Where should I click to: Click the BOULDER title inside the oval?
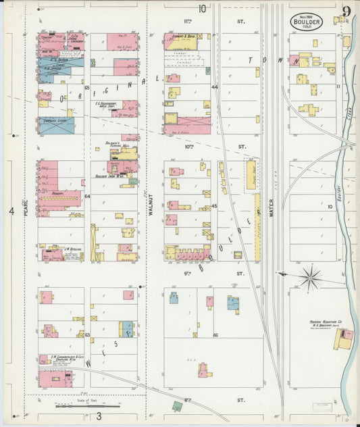click(x=307, y=22)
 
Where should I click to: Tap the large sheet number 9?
click(x=346, y=11)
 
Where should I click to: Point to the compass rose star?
click(x=310, y=276)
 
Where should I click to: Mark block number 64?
click(x=88, y=196)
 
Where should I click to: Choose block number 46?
click(x=215, y=334)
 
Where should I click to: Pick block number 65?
click(x=87, y=88)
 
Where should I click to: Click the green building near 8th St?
click(x=177, y=406)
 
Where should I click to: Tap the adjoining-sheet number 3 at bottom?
click(x=99, y=416)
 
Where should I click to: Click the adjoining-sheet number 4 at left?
click(x=11, y=211)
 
